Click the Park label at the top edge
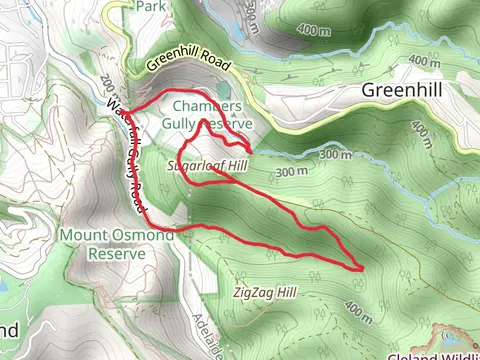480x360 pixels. click(x=150, y=6)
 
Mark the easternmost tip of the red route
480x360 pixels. click(x=361, y=267)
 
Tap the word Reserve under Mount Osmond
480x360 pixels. click(x=116, y=253)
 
